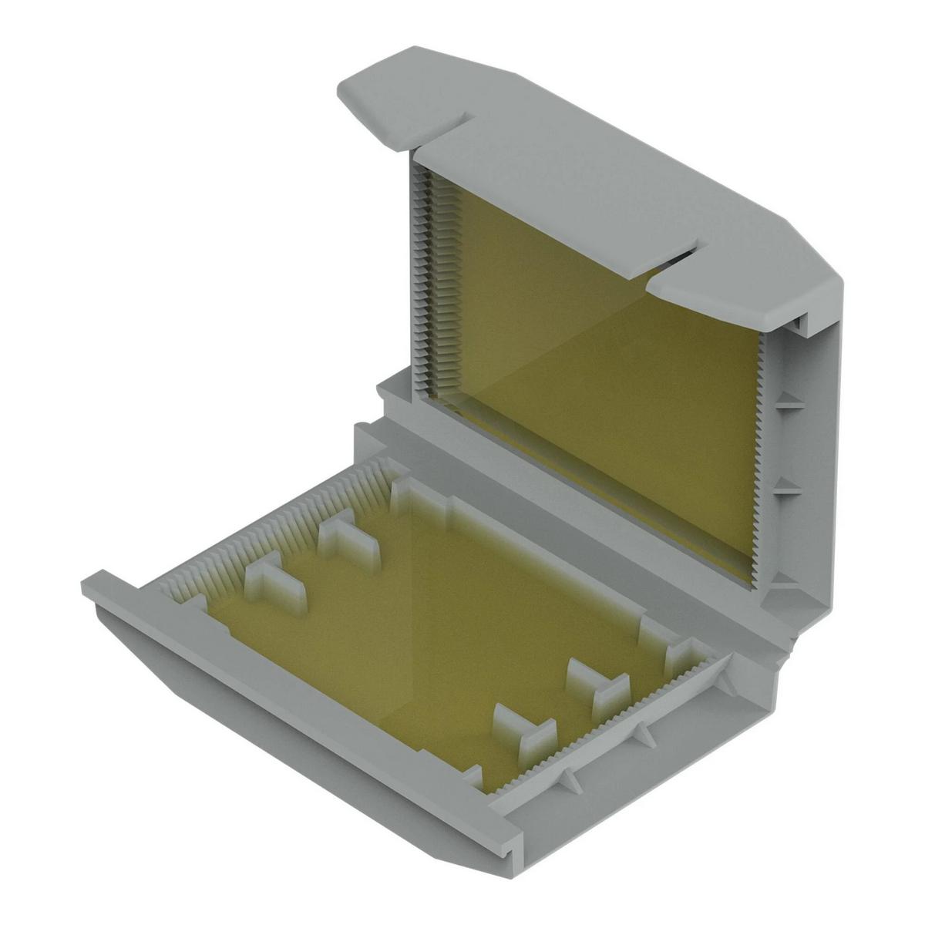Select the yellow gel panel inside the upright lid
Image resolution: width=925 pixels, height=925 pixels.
(x=601, y=370)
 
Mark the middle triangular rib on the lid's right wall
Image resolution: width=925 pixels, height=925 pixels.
(x=786, y=486)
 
